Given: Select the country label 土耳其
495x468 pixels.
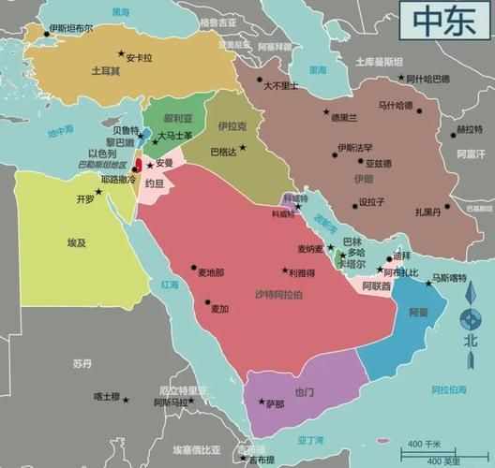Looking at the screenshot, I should (x=105, y=70).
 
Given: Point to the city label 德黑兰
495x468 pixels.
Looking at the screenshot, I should (x=343, y=118).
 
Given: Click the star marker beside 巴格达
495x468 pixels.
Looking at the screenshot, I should (x=242, y=147).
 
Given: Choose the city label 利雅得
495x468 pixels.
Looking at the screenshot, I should (x=301, y=272).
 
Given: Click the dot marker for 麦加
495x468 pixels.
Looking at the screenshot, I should (x=208, y=300).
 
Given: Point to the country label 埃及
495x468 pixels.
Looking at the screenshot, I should (x=76, y=242).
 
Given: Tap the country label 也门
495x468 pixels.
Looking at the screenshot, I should (x=304, y=391).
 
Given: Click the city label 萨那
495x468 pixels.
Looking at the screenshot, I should (x=274, y=404).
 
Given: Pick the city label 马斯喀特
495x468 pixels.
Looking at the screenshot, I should (x=448, y=278).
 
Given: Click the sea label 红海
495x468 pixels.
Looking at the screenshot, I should (x=170, y=285).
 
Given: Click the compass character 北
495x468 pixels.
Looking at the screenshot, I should (x=470, y=341).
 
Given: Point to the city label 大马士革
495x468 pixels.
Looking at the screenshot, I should (x=174, y=136).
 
